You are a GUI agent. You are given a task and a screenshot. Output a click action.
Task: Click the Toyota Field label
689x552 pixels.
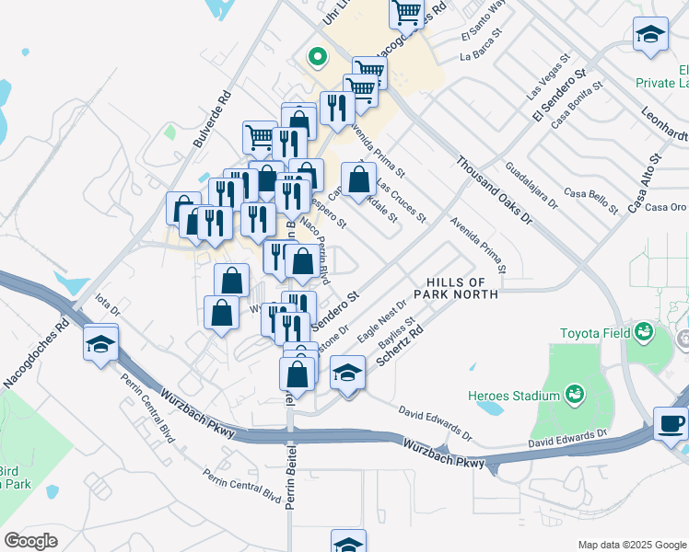593,333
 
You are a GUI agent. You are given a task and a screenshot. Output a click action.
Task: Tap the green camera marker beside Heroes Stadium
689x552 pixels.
576,395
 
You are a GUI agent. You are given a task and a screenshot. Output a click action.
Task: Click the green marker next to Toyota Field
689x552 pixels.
642,332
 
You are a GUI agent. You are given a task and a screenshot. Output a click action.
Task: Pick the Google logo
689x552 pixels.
31,541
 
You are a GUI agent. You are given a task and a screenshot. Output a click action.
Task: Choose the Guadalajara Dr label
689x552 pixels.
531,187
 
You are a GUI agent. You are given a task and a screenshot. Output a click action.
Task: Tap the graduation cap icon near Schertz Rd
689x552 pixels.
347,374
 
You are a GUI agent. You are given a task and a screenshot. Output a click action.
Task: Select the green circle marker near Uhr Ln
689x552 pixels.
318,57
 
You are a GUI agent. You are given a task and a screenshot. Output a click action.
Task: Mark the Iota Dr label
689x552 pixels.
108,305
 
